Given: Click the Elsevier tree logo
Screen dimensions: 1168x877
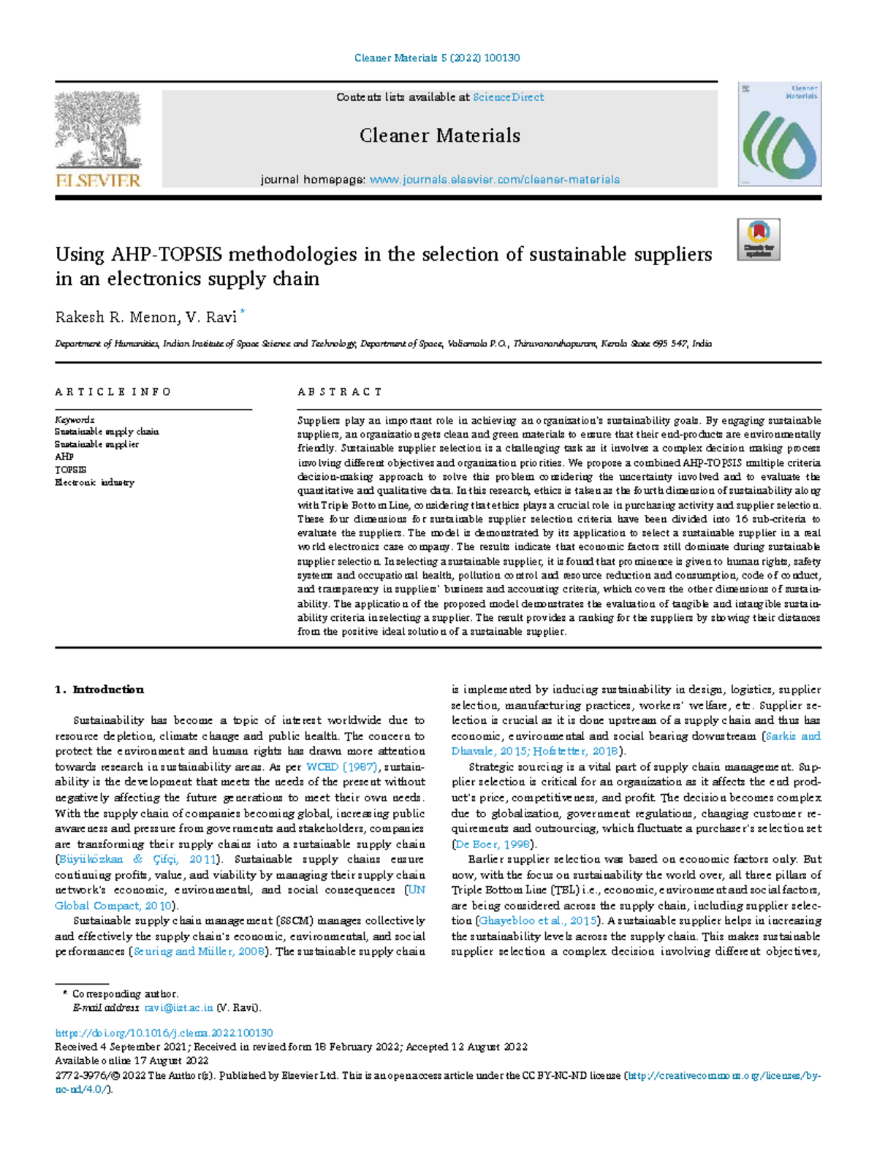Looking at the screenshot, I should point(98,130).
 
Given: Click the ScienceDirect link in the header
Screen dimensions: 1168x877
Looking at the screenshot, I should point(508,97).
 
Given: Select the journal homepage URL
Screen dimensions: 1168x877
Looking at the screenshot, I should point(494,180).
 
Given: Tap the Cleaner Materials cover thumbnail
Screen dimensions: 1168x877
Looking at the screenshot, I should point(779,134).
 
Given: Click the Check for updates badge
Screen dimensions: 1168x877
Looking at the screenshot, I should point(759,239).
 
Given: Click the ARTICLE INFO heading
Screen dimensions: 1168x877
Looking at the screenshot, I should point(113,392).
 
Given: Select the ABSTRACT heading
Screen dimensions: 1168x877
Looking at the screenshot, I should point(340,392).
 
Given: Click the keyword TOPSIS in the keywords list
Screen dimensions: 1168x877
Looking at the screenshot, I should point(70,470).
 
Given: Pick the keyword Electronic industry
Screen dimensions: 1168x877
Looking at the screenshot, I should point(94,482).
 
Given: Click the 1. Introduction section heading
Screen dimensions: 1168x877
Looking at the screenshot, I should point(100,690).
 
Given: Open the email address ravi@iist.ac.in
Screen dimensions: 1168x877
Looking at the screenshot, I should point(178,1008).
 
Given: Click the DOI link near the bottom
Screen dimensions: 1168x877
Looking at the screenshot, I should point(164,1034).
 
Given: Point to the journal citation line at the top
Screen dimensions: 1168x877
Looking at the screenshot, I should point(436,58).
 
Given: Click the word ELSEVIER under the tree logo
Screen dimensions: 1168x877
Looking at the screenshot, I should point(98,180).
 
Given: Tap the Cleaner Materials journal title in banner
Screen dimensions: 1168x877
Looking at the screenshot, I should point(439,136).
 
